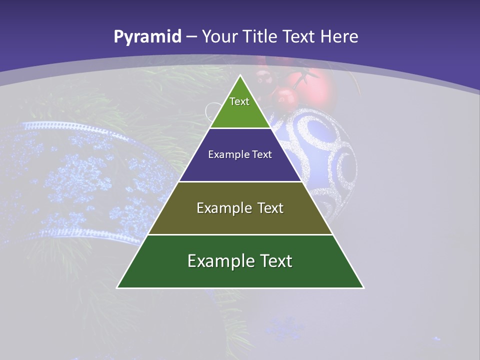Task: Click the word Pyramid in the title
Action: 147,37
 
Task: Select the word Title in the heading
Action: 259,36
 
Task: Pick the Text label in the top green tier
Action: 239,101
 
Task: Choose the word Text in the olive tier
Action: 270,208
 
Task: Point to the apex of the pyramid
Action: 240,76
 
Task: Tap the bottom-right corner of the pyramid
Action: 363,287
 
